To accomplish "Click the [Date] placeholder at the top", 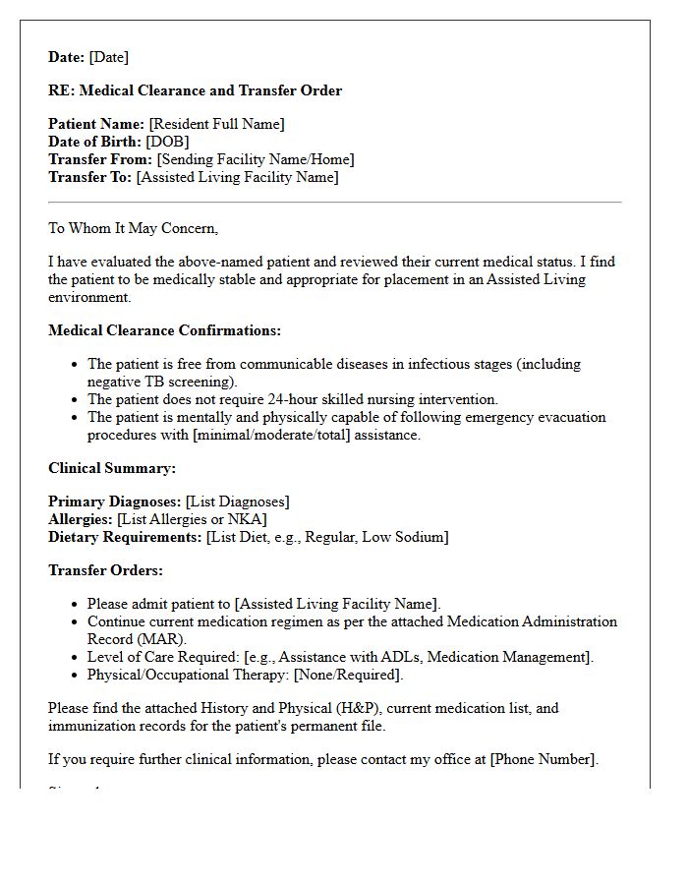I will pyautogui.click(x=108, y=57).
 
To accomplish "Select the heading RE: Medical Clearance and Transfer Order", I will pyautogui.click(x=195, y=90).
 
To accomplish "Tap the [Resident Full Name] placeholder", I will pyautogui.click(x=216, y=124).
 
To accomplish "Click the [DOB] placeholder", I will pyautogui.click(x=167, y=142).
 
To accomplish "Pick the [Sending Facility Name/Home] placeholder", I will pyautogui.click(x=256, y=159).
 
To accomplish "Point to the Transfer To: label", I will pyautogui.click(x=90, y=177).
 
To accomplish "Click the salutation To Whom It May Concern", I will pyautogui.click(x=133, y=228).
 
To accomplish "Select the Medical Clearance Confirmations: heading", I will pyautogui.click(x=164, y=330).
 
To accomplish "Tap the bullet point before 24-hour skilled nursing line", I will pyautogui.click(x=75, y=399).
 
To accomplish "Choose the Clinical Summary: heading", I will pyautogui.click(x=112, y=468).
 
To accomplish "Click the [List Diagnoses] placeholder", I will pyautogui.click(x=237, y=501).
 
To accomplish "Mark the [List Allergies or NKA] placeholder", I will pyautogui.click(x=192, y=519).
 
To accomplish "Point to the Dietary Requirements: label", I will pyautogui.click(x=125, y=537).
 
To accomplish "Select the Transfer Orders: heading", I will pyautogui.click(x=105, y=570).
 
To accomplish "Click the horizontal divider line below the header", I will pyautogui.click(x=334, y=203).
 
